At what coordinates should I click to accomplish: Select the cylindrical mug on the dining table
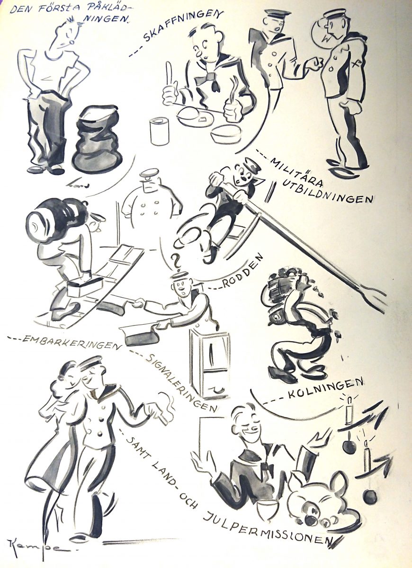(159, 132)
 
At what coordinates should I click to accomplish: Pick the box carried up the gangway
(85, 286)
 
